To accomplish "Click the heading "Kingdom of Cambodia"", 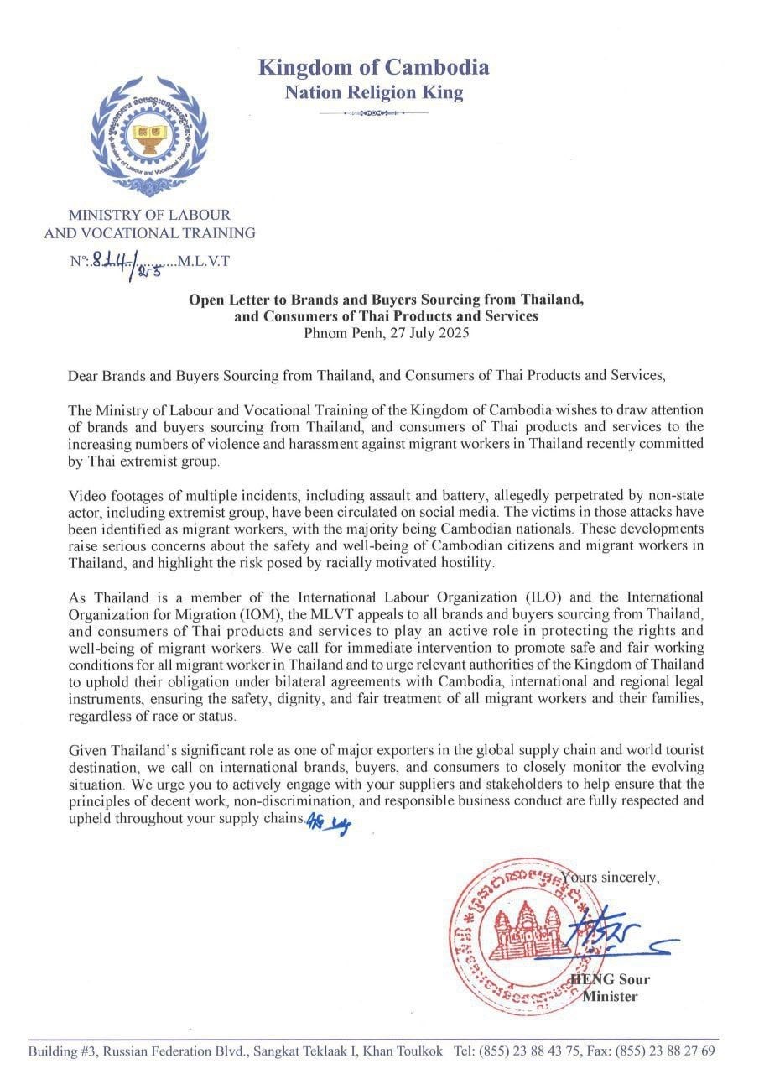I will (x=373, y=67).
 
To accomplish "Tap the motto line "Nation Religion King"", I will (x=373, y=92).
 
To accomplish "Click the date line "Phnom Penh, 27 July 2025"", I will (x=387, y=332).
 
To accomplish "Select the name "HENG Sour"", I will (x=610, y=979).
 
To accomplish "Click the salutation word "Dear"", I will (x=83, y=376).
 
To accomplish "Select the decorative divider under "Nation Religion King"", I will (x=373, y=112).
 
